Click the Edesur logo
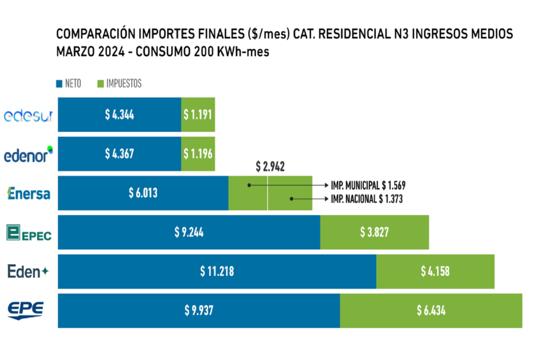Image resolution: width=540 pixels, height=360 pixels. click(28, 115)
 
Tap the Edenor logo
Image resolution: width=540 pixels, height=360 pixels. click(28, 154)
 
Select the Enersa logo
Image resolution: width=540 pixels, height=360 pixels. click(28, 193)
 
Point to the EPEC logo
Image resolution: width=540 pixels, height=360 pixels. click(28, 232)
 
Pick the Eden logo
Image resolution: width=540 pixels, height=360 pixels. click(28, 271)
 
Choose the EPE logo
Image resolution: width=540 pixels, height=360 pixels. click(25, 310)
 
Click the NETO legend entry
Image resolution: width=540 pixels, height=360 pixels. click(69, 83)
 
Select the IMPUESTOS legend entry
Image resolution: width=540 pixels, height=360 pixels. click(120, 83)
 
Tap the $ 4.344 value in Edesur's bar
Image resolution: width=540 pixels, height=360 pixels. click(119, 115)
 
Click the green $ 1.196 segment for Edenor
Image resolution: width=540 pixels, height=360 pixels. click(198, 154)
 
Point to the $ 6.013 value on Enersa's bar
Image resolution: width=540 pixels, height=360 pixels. click(143, 193)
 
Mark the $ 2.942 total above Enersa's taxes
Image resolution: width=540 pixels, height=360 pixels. click(270, 167)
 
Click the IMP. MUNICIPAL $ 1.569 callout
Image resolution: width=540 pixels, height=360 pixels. click(368, 186)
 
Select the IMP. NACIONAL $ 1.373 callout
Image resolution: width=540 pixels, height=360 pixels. click(368, 199)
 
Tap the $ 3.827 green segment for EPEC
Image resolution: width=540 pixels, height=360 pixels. click(374, 232)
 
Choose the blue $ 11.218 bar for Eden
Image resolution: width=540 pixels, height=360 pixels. click(217, 271)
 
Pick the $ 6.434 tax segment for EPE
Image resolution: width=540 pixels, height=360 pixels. click(431, 310)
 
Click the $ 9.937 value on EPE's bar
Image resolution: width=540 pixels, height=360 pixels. click(199, 310)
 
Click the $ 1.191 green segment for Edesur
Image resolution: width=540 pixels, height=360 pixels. click(198, 115)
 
